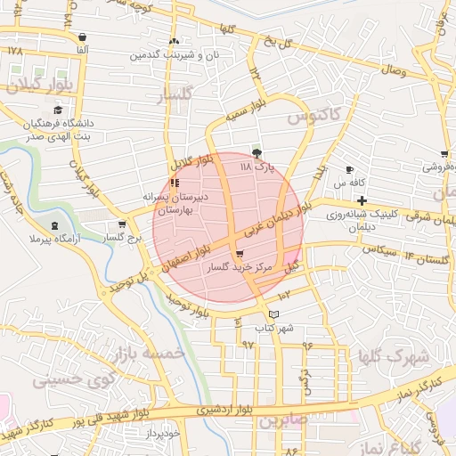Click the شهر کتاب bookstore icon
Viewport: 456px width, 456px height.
pyautogui.click(x=273, y=314)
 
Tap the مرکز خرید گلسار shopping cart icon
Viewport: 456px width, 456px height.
pyautogui.click(x=239, y=255)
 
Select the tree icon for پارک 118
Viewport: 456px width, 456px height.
pyautogui.click(x=257, y=153)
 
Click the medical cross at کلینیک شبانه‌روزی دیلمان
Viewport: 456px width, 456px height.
pyautogui.click(x=360, y=201)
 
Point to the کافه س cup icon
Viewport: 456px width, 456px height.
pyautogui.click(x=350, y=170)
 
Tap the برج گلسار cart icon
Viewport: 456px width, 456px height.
pyautogui.click(x=122, y=225)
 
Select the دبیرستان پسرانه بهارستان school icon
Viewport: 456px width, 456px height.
pyautogui.click(x=174, y=183)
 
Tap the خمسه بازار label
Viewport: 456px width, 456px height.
pyautogui.click(x=149, y=354)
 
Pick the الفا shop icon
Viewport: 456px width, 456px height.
pyautogui.click(x=82, y=37)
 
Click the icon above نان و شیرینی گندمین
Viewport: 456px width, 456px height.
pyautogui.click(x=174, y=41)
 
